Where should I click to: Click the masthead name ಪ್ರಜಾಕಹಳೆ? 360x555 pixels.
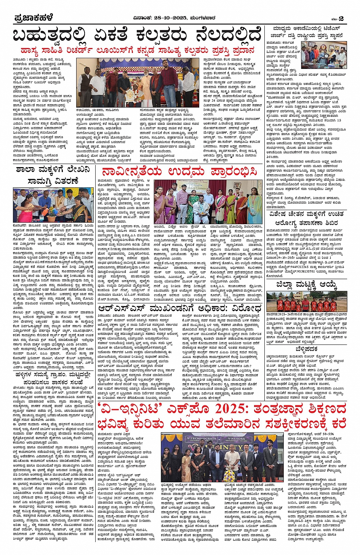(x=33, y=18)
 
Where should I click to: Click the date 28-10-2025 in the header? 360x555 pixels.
(x=170, y=18)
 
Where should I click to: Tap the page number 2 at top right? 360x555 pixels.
(x=341, y=18)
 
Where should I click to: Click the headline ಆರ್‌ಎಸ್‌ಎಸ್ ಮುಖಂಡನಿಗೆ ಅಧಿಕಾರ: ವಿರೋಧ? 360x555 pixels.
(x=179, y=308)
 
